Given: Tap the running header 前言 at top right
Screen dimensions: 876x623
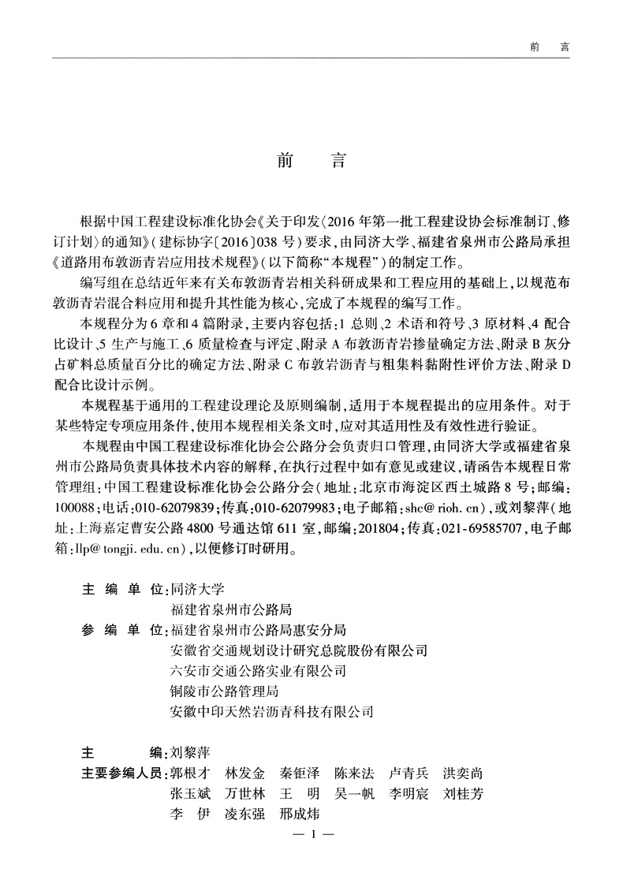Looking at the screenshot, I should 550,47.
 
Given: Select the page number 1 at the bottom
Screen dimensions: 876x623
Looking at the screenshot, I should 313,834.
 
